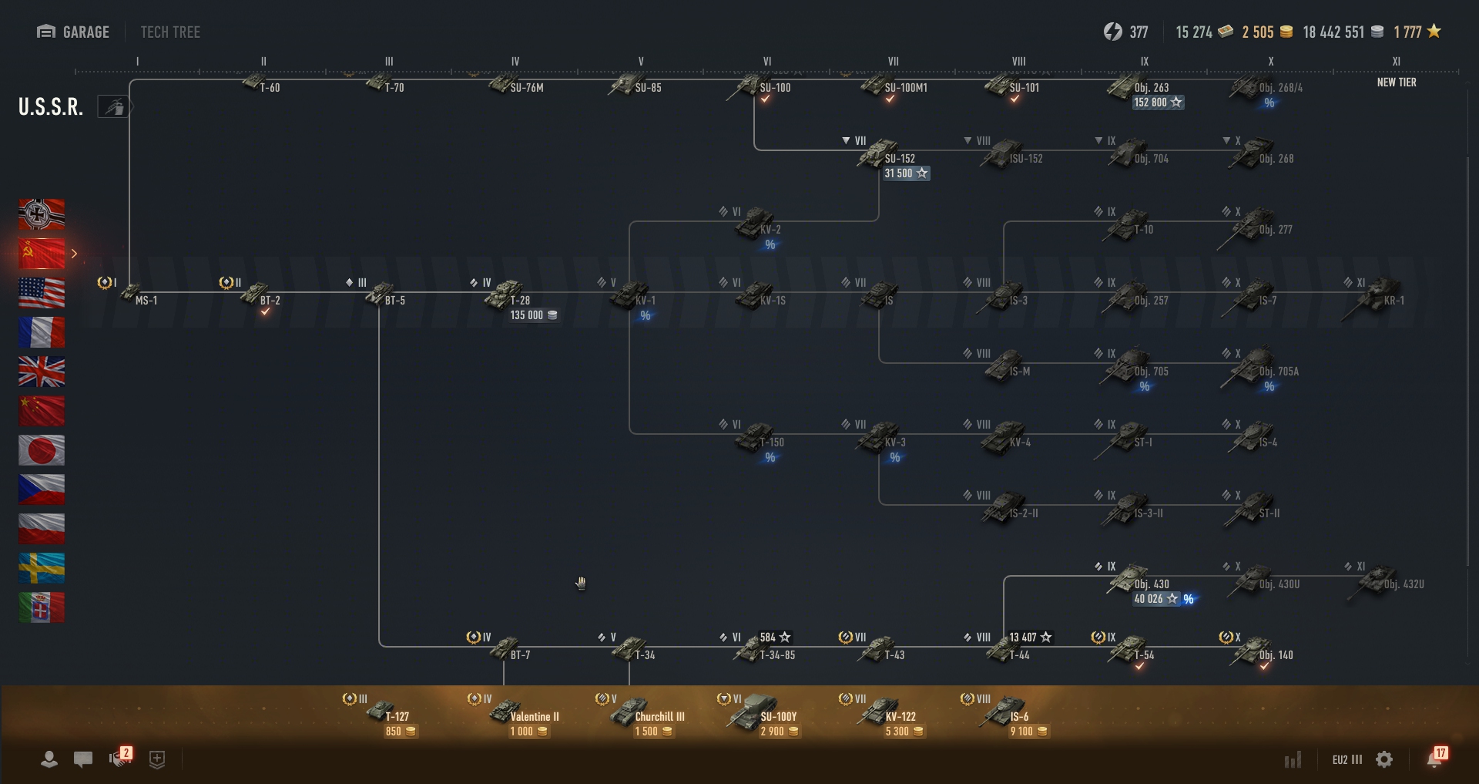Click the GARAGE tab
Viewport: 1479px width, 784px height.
coord(73,32)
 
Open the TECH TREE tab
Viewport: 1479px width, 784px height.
coord(170,32)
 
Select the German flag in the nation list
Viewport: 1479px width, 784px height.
coord(42,214)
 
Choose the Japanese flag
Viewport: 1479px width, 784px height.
coord(42,450)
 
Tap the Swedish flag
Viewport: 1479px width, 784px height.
coord(42,568)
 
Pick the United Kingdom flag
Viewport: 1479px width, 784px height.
coord(42,372)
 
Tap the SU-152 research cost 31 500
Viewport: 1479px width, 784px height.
coord(906,173)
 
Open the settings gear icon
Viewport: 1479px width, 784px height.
coord(1384,759)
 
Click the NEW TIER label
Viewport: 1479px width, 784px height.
coord(1396,82)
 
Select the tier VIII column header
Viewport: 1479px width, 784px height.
coord(1018,62)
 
